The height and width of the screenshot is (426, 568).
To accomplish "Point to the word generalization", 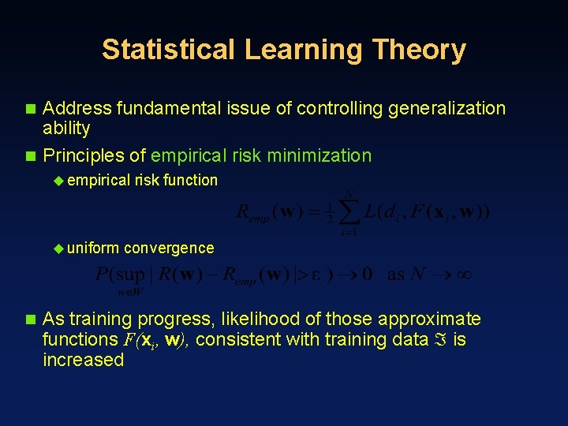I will [447, 108].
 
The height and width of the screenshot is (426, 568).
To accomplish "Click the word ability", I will [66, 129].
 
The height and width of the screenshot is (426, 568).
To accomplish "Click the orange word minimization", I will [319, 155].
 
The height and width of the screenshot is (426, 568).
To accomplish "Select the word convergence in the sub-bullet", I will [169, 248].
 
